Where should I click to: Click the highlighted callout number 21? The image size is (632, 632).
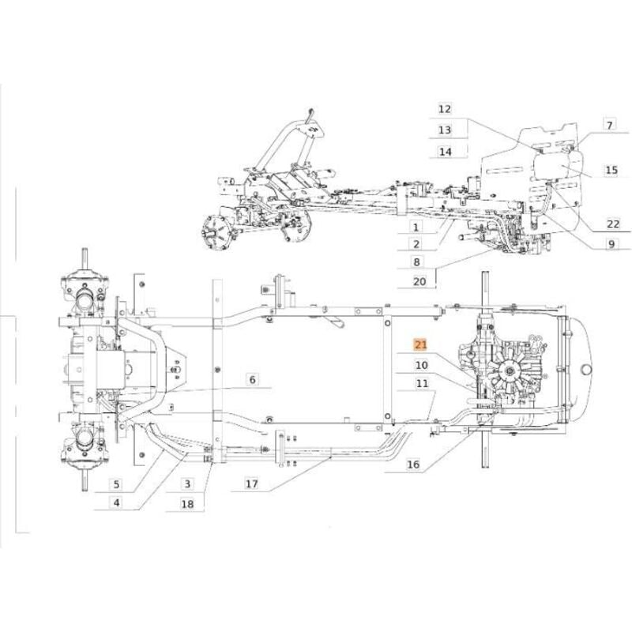click(x=420, y=344)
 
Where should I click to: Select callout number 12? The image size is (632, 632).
click(x=445, y=109)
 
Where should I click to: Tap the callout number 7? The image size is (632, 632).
click(x=609, y=125)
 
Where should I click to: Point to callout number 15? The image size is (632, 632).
click(x=611, y=170)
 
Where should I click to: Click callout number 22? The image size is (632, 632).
click(x=613, y=224)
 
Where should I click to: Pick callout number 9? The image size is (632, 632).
click(x=611, y=244)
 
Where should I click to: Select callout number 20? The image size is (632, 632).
click(x=419, y=281)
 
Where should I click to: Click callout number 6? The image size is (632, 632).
click(x=252, y=379)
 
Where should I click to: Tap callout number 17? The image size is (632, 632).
click(x=251, y=483)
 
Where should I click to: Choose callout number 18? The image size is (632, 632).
click(x=187, y=504)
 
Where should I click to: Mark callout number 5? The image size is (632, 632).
click(x=116, y=484)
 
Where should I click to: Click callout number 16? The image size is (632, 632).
click(x=412, y=465)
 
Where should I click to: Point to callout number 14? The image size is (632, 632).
click(x=445, y=152)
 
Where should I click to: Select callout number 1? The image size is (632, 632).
click(x=416, y=227)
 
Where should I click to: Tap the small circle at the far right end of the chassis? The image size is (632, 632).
click(x=585, y=369)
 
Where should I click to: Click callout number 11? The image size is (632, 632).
click(x=422, y=383)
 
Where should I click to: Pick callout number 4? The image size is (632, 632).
click(x=116, y=502)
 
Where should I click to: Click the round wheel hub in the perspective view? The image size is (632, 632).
click(x=213, y=234)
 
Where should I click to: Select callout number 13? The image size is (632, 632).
click(x=445, y=130)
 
